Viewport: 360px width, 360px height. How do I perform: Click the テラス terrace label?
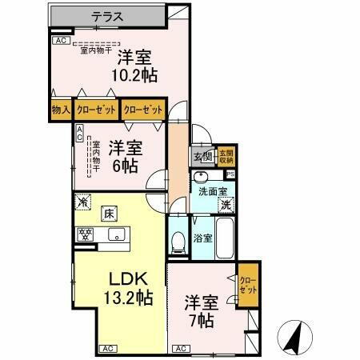pyautogui.click(x=106, y=15)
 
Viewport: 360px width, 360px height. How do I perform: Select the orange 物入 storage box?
pyautogui.click(x=60, y=110)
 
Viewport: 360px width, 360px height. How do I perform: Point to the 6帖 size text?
pyautogui.click(x=126, y=166)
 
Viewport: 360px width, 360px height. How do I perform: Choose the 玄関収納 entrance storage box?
pyautogui.click(x=226, y=157)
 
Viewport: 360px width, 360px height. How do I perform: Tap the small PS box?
pyautogui.click(x=231, y=174)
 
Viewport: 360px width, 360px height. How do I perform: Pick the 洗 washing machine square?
pyautogui.click(x=226, y=205)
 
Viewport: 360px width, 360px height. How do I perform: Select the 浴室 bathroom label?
pyautogui.click(x=202, y=238)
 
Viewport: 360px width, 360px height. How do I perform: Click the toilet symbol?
pyautogui.click(x=178, y=241)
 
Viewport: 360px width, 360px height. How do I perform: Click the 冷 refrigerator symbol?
pyautogui.click(x=82, y=203)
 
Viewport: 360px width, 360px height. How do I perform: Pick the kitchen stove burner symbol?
pyautogui.click(x=85, y=234)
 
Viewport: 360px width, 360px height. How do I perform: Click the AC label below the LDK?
pyautogui.click(x=107, y=349)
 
